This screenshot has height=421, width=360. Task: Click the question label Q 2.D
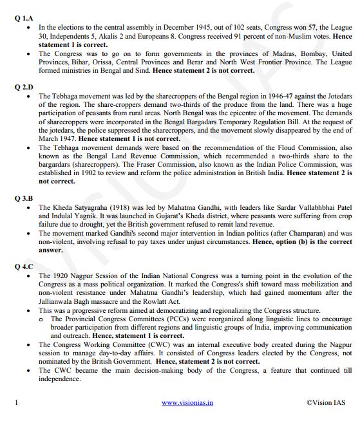[x=24, y=86]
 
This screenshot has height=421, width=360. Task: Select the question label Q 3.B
[x=23, y=198]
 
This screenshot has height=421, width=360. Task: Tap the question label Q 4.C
[x=24, y=265]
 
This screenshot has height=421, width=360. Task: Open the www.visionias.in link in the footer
[x=187, y=402]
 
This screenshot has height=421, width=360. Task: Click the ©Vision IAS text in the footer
[x=327, y=402]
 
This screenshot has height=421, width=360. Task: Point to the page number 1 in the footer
[x=16, y=402]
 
